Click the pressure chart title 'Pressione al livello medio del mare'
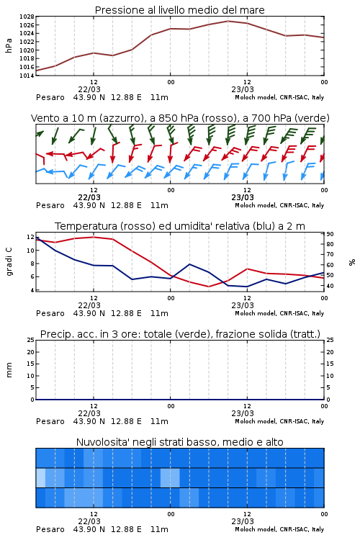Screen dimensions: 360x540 179,10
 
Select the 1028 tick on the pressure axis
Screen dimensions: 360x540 27,17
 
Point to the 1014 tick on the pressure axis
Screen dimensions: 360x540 27,76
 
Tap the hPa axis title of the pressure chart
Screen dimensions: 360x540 9,45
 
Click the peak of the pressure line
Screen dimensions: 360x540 228,21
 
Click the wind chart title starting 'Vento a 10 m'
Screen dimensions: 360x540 180,118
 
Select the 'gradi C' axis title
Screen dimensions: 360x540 9,261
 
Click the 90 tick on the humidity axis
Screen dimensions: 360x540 330,234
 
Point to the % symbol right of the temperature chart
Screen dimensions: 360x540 352,262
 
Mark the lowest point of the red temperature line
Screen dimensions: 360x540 208,287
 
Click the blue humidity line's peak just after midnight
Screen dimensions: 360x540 189,264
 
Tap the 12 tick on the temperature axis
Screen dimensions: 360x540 30,237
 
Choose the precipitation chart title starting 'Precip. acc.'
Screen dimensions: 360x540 180,334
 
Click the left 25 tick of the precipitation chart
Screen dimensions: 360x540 31,340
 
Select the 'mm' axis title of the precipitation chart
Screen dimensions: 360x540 9,370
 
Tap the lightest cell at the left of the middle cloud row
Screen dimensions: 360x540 40,477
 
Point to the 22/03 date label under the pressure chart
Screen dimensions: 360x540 89,89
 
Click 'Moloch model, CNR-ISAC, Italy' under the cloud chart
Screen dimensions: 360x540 279,529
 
